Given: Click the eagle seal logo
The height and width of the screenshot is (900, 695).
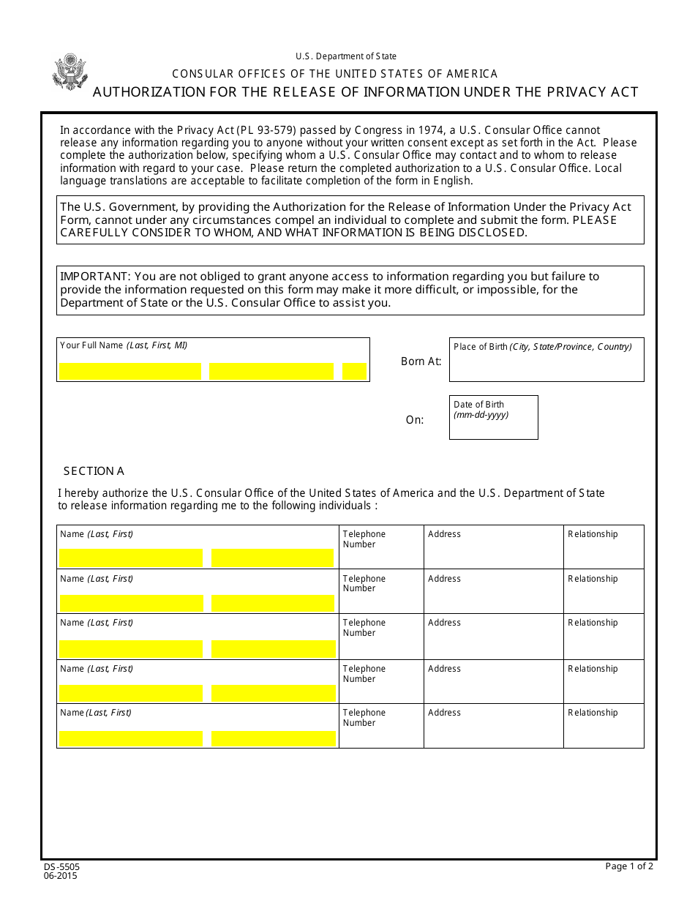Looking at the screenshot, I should point(70,72).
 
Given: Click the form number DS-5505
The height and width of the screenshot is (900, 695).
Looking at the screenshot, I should point(61,866).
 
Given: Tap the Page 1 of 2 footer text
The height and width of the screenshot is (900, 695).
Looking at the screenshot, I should point(628,866).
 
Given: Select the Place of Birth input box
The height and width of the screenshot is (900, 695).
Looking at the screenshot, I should point(546,366).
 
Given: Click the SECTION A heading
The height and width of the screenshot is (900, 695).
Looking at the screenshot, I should point(94,471).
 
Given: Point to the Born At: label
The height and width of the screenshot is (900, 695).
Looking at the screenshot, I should point(421,361).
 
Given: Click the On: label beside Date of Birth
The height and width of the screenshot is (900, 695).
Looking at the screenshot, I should point(415,420).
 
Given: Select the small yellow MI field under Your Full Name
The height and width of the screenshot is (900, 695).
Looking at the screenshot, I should point(354,372).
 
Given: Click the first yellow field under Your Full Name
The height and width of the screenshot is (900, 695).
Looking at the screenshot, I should point(130,372).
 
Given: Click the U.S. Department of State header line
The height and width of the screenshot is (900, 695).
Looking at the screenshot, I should point(346,56).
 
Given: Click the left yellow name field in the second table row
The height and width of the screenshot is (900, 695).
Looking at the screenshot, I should point(131,603).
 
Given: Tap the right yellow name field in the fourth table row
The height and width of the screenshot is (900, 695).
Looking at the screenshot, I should point(273,693).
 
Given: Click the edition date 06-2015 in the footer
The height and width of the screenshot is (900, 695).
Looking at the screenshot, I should point(60,876).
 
